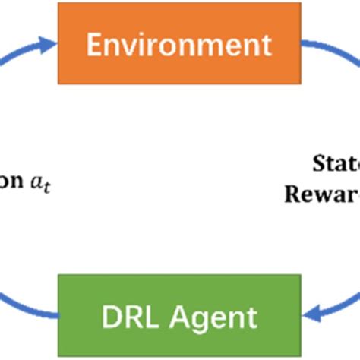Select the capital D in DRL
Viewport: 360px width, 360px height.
pyautogui.click(x=108, y=314)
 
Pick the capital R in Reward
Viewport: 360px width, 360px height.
pyautogui.click(x=293, y=194)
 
